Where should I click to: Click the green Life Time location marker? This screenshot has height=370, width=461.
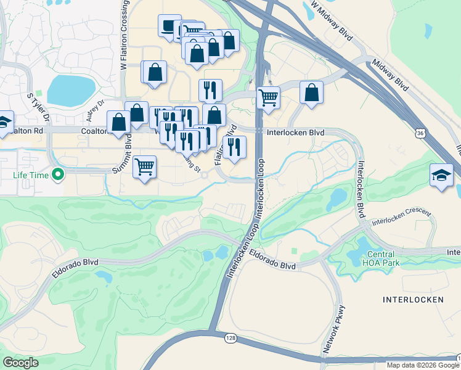point(58,175)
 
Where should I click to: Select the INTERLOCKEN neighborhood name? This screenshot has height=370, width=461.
point(412,300)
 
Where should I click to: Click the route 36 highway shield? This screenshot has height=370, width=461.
point(420,133)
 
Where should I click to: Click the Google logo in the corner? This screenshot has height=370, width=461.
point(20,363)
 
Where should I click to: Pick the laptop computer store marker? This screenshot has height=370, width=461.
point(167,26)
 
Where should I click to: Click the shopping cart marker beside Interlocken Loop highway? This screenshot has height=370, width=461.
point(269,97)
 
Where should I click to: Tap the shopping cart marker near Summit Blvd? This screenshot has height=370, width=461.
point(144,166)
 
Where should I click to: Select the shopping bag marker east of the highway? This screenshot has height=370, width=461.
point(312,92)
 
